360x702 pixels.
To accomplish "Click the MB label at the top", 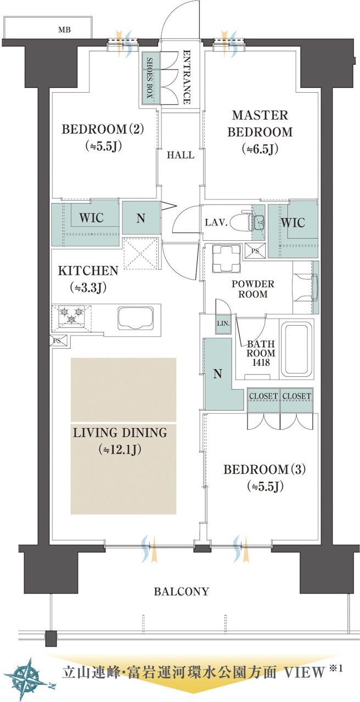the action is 64,30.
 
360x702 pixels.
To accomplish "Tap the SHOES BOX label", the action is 150,77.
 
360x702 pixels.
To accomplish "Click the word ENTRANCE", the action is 187,77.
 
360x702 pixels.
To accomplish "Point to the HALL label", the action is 181,155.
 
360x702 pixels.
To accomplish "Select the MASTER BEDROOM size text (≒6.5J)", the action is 260,149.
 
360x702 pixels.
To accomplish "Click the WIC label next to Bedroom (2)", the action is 91,218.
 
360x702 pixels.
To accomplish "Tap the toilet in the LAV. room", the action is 240,223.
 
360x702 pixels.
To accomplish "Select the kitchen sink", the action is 136,318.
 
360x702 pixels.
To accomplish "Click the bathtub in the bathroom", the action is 296,349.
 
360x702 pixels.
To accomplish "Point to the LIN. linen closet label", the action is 223,324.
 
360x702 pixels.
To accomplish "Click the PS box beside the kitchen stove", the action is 57,341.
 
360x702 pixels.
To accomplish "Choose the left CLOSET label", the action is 263,396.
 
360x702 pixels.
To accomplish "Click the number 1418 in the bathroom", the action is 261,363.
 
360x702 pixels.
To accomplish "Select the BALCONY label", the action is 181,591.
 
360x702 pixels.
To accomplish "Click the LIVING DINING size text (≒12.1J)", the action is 120,449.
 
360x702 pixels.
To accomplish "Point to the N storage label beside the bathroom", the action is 218,374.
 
